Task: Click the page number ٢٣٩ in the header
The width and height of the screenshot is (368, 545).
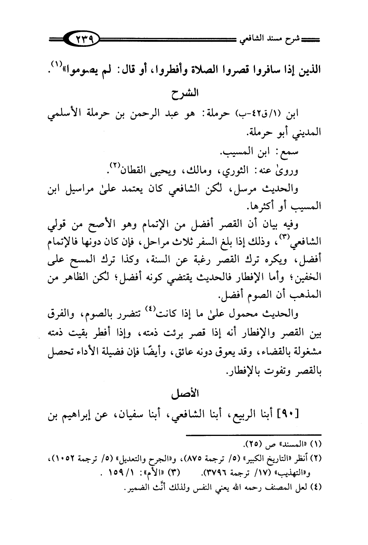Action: pos(83,39)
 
